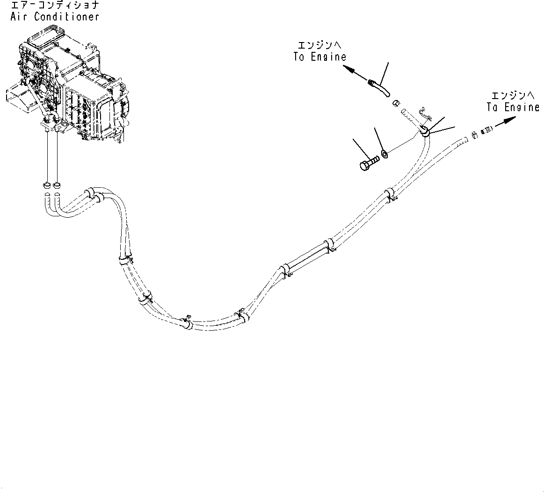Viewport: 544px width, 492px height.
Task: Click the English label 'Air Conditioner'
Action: [54, 16]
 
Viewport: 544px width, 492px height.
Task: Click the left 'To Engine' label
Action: [320, 57]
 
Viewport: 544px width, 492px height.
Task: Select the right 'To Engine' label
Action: [512, 107]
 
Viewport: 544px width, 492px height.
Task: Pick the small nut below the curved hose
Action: [395, 102]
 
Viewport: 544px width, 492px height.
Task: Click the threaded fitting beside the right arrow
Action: [486, 128]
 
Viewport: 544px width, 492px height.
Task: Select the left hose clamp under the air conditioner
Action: [47, 184]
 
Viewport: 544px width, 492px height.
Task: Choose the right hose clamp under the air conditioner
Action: [57, 184]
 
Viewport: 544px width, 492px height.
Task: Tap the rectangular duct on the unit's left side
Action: [17, 97]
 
